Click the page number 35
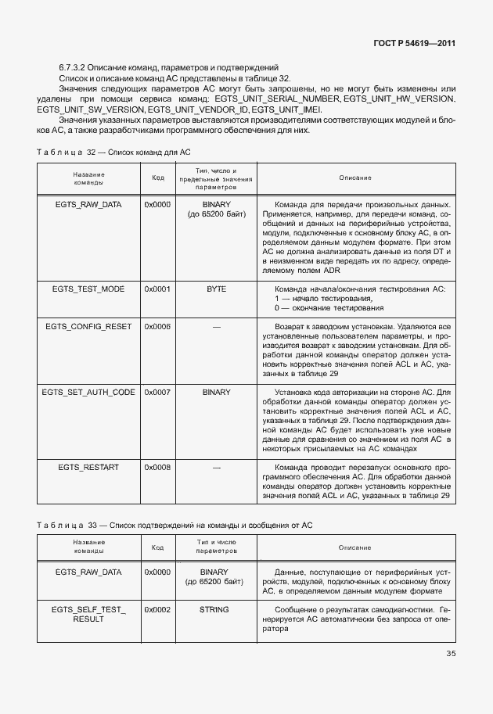[450, 654]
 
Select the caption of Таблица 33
[175, 523]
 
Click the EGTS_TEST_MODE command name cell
[88, 289]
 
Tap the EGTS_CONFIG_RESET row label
[88, 325]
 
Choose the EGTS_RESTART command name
[88, 467]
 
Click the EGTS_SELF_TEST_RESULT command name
[88, 614]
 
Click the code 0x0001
[157, 289]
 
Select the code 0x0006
[157, 325]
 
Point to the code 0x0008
[157, 467]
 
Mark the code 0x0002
[157, 609]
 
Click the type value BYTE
[216, 289]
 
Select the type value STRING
[214, 609]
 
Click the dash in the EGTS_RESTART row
[216, 467]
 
